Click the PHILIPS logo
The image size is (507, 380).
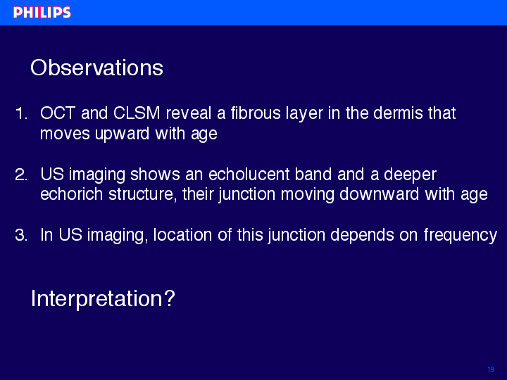[42, 13]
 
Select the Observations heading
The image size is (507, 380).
[96, 68]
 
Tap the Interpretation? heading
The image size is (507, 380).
[103, 299]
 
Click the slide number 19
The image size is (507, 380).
[491, 369]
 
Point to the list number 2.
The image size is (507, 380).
[21, 175]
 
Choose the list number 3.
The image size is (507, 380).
[21, 235]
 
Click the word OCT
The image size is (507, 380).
[58, 113]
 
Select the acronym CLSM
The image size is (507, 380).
[137, 113]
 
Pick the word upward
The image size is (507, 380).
[122, 134]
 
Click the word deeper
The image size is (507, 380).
[410, 175]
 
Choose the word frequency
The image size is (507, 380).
[461, 236]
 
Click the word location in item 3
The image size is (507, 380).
[182, 235]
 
